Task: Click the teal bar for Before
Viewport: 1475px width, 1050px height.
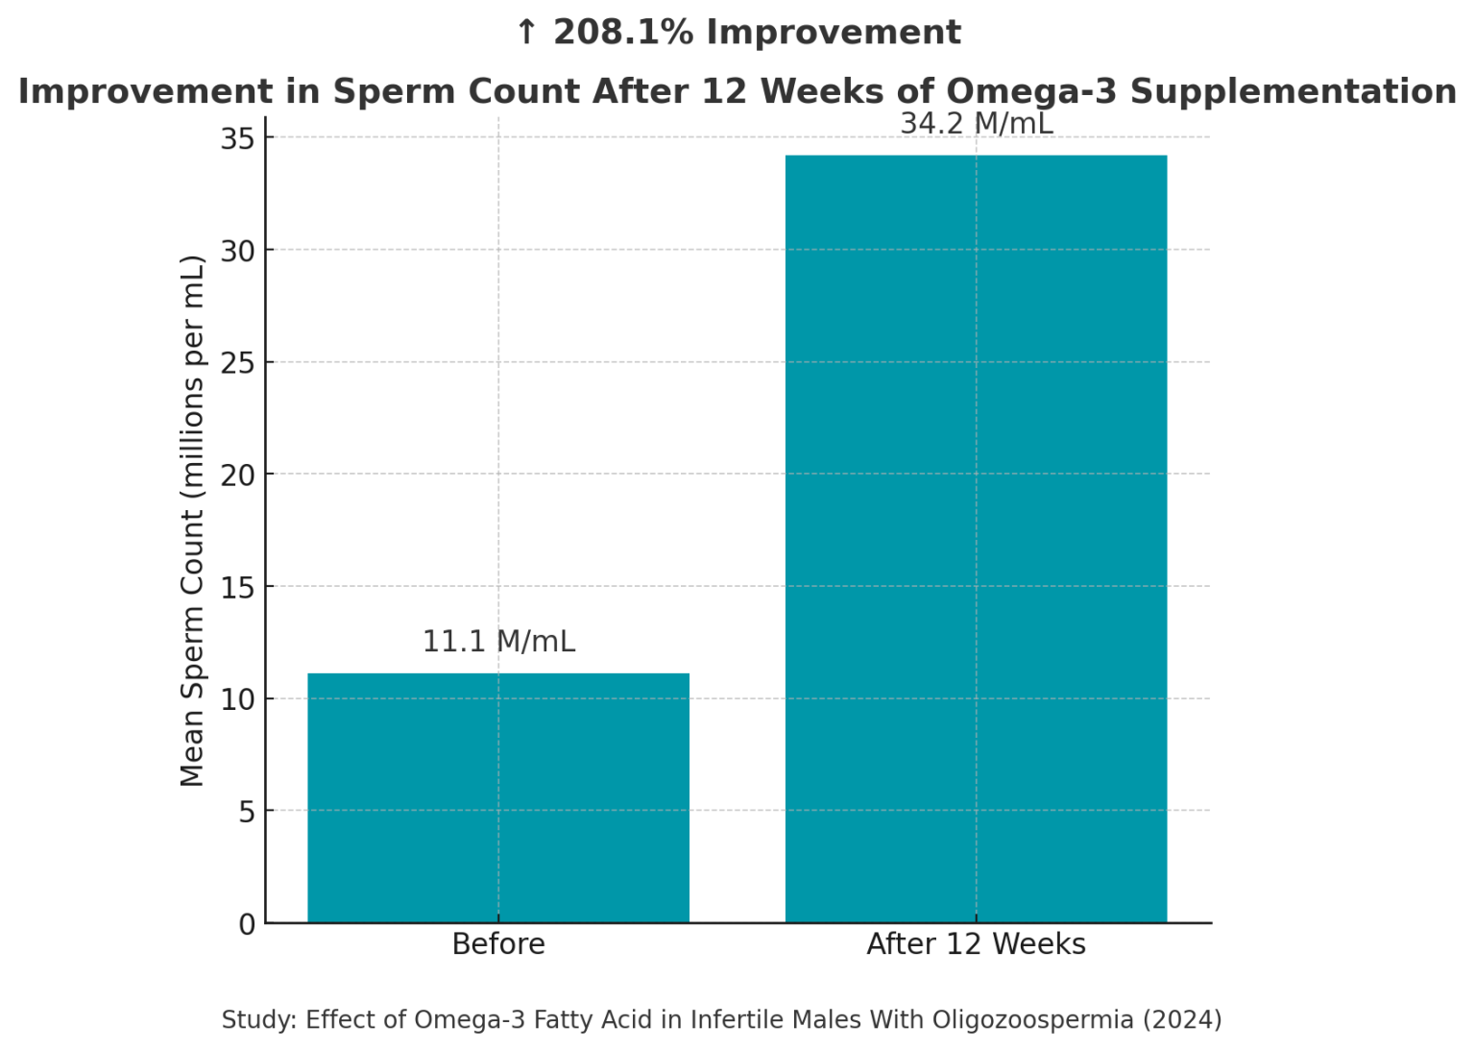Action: click(x=497, y=797)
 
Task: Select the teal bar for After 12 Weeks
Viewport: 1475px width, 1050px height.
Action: click(x=976, y=538)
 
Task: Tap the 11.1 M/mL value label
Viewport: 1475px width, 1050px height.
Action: click(x=498, y=641)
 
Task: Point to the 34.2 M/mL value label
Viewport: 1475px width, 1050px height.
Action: click(x=976, y=124)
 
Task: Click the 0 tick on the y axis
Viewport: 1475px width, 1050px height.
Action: click(x=247, y=924)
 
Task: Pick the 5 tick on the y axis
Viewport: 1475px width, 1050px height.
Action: click(x=247, y=812)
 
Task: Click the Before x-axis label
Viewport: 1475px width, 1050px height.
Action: click(x=497, y=944)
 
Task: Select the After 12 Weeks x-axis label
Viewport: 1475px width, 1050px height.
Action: click(x=976, y=944)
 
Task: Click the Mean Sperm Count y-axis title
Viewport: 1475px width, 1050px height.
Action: click(x=193, y=520)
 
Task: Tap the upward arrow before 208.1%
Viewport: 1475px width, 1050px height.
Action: click(x=525, y=33)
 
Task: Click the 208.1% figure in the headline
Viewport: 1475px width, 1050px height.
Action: click(x=623, y=33)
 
